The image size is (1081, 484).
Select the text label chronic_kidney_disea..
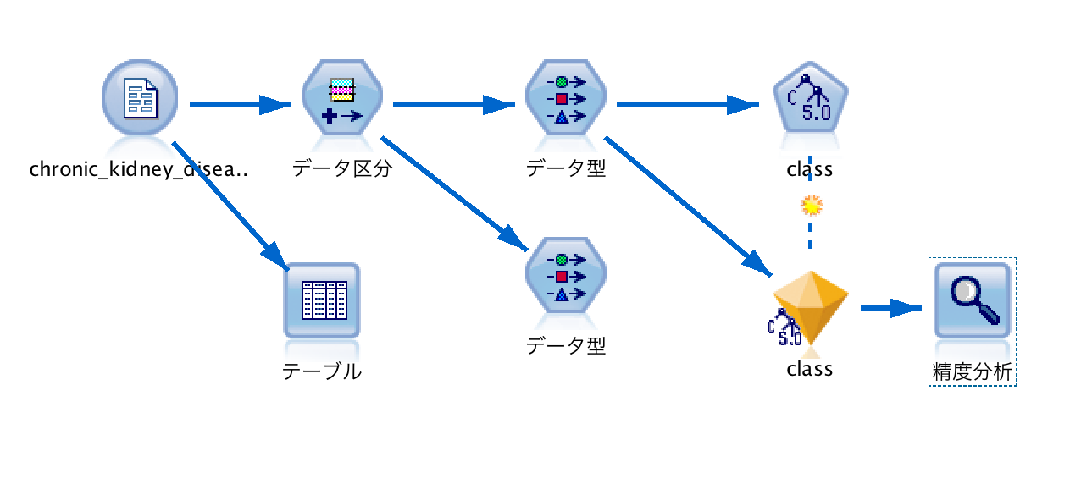pyautogui.click(x=139, y=169)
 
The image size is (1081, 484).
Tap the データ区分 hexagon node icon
pyautogui.click(x=342, y=98)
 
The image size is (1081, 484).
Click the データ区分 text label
pyautogui.click(x=342, y=169)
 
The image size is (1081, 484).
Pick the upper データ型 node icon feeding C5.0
pyautogui.click(x=566, y=98)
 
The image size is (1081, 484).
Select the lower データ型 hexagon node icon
pyautogui.click(x=566, y=276)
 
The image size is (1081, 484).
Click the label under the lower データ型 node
pyautogui.click(x=566, y=346)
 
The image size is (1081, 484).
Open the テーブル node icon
pyautogui.click(x=322, y=300)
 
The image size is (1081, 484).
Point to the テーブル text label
pyautogui.click(x=322, y=371)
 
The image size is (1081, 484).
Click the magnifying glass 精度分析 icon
pyautogui.click(x=973, y=300)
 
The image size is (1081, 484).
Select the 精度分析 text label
pyautogui.click(x=973, y=371)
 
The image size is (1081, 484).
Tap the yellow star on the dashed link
pyautogui.click(x=812, y=205)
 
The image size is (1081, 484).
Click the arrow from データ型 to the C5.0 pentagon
pyautogui.click(x=686, y=106)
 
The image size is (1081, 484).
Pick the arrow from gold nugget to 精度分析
pyautogui.click(x=890, y=309)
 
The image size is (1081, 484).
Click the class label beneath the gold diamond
pyautogui.click(x=810, y=370)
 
